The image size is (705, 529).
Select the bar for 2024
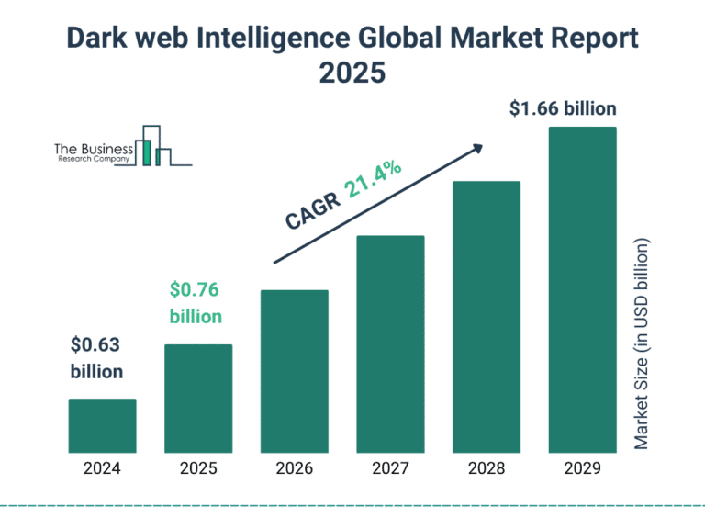102,426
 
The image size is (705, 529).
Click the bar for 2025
198,399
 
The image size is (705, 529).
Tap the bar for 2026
294,371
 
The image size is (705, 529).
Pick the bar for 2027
390,344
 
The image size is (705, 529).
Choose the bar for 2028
487,317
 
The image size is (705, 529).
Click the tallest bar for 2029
582,290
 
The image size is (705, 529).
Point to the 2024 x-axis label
102,468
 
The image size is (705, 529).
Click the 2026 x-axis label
294,468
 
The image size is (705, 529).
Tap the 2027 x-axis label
390,468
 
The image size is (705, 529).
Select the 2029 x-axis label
582,468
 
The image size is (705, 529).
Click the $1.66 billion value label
563,109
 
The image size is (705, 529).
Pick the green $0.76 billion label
196,303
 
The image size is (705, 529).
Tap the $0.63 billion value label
96,358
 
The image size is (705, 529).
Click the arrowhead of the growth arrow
476,148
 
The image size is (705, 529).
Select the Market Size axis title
642,344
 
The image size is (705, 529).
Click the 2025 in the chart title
352,73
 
